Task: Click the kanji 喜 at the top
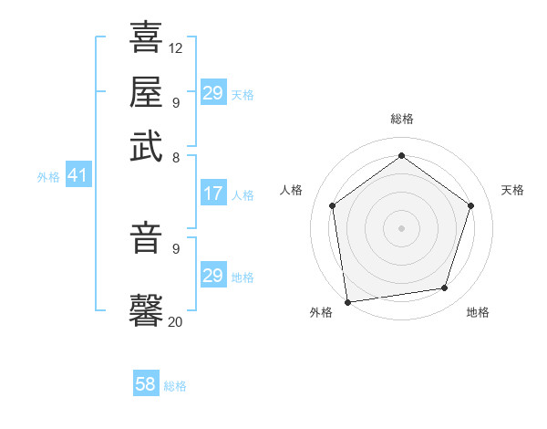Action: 146,38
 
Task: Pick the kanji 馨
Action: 146,309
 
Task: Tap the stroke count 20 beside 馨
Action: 176,321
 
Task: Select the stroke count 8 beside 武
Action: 176,157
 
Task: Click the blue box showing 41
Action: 77,176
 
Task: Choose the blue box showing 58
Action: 146,384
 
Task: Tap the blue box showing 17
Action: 213,194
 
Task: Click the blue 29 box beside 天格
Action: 213,93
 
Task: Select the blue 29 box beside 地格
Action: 213,276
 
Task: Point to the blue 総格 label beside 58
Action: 175,386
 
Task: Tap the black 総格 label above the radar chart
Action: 401,119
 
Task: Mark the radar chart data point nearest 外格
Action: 346,301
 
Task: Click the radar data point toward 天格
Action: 470,205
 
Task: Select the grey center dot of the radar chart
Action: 401,227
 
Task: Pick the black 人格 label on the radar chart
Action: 292,190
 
